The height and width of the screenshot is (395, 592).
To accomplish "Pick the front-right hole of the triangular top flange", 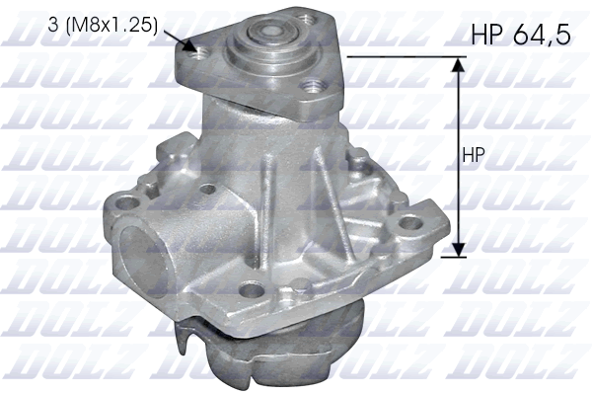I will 313,87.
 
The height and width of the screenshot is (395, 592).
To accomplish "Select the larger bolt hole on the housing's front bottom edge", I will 254,290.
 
